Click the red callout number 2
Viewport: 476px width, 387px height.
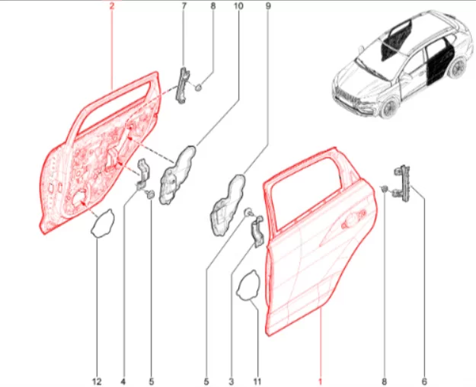tap(112, 6)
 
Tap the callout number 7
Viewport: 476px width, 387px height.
tap(184, 6)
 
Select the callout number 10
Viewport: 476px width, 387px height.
tap(238, 6)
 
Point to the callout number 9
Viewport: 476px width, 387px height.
tap(268, 6)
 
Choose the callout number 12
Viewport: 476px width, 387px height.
tap(97, 381)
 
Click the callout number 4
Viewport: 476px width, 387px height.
tap(123, 381)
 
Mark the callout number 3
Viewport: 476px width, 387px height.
tap(232, 381)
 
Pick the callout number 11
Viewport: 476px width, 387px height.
tap(257, 381)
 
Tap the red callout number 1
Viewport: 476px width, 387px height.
tap(320, 381)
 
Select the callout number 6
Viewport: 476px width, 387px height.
tap(424, 381)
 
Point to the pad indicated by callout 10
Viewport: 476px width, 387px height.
tap(177, 175)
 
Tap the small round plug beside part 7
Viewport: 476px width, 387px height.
tap(198, 88)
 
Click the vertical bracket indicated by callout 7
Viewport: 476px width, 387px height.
tap(183, 85)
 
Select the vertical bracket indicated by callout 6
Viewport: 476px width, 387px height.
tap(404, 182)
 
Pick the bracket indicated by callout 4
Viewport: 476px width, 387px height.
tap(142, 174)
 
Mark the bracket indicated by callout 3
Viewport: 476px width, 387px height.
tap(257, 232)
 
